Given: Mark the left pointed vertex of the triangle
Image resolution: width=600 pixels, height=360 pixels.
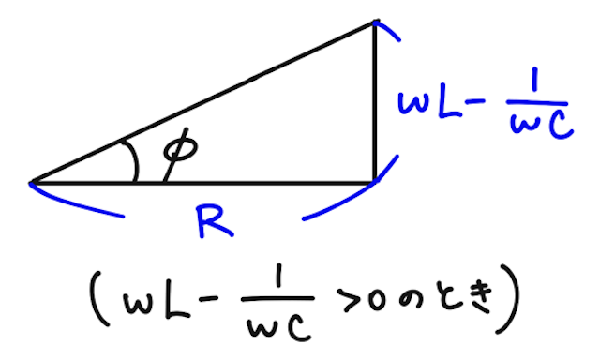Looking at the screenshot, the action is click(33, 181).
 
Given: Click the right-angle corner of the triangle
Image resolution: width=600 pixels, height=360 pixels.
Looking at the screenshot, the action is click(374, 180).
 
